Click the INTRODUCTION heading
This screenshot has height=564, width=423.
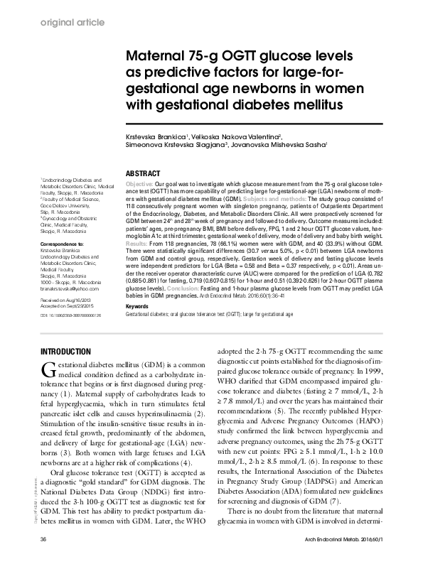pyautogui.click(x=65, y=352)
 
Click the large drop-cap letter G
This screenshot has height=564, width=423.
pyautogui.click(x=48, y=369)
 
